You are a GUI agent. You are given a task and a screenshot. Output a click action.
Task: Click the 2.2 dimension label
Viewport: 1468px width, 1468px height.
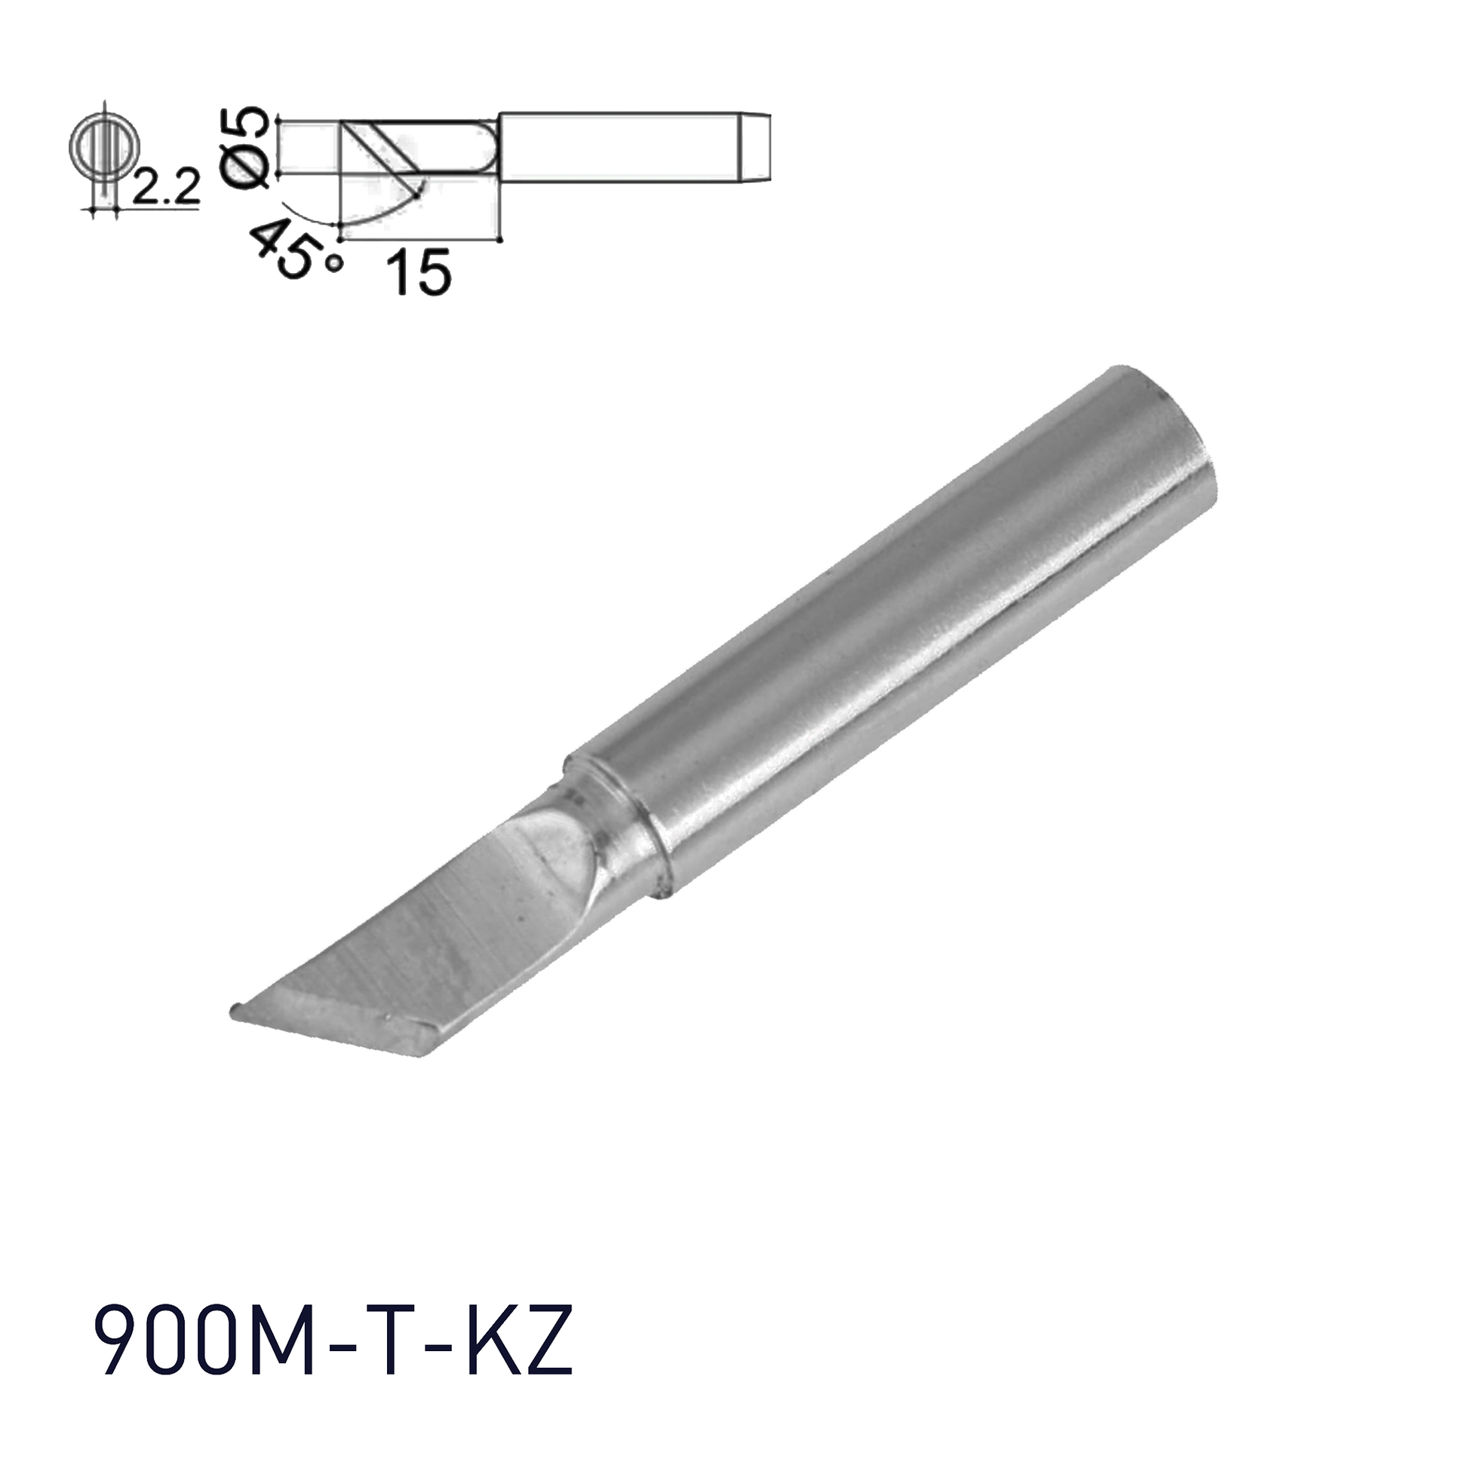[165, 188]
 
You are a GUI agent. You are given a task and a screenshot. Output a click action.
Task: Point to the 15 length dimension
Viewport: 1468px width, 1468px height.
[419, 273]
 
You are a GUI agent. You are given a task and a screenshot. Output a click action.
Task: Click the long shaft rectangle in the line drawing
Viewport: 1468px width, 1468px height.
[619, 147]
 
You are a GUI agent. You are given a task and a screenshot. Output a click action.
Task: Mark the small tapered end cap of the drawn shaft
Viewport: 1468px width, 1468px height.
[755, 147]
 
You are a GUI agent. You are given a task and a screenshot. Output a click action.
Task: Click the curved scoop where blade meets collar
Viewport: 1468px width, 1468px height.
[558, 851]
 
